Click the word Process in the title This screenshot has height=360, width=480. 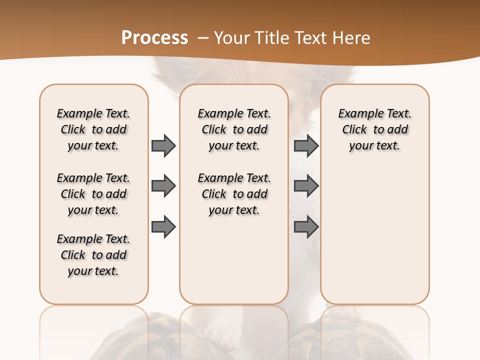[154, 37]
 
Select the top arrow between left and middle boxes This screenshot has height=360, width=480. [163, 145]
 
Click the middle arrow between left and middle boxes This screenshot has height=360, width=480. [163, 186]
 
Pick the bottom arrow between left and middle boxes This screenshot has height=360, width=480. [163, 227]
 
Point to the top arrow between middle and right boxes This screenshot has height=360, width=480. [306, 145]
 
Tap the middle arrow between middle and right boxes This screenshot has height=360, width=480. [306, 186]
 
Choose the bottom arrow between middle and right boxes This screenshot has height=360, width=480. [306, 227]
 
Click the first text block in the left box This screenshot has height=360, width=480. [93, 129]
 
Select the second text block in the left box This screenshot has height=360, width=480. [93, 194]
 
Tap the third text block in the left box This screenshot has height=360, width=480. [93, 255]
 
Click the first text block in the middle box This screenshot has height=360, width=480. [234, 129]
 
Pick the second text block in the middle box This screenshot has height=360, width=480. [234, 194]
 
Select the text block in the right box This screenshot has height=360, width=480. [375, 129]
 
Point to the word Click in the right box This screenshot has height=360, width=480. [354, 130]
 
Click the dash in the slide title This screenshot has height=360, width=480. [203, 38]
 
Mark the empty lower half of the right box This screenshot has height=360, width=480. [375, 240]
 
